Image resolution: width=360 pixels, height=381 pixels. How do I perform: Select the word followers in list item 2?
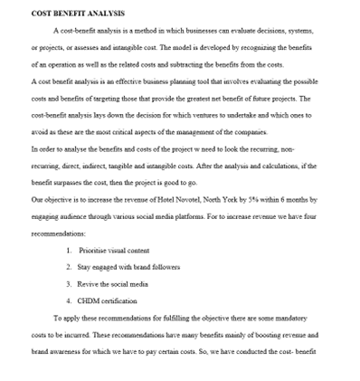(x=162, y=267)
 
